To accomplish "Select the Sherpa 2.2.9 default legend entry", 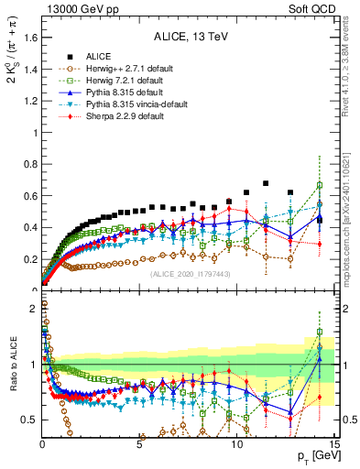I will [x=115, y=118].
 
